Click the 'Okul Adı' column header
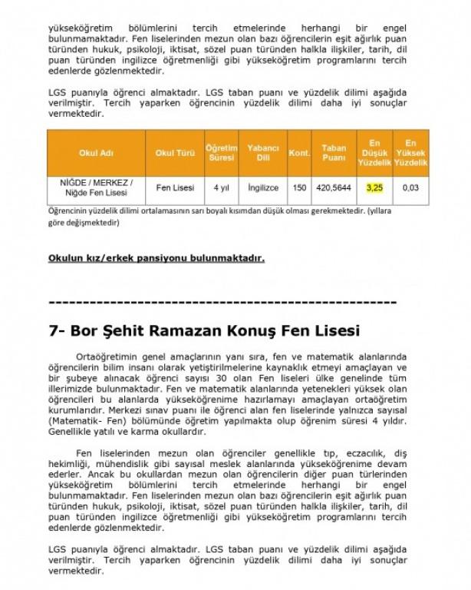pos(97,153)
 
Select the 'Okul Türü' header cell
pos(175,153)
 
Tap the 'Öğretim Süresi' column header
pos(221,153)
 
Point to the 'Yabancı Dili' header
pos(262,153)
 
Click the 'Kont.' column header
pos(298,153)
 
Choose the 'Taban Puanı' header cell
pos(333,153)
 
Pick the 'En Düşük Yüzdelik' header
pos(374,153)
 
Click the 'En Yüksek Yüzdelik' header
pos(410,153)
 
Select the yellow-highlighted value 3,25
pos(374,187)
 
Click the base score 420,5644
pos(333,187)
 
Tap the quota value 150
pos(298,187)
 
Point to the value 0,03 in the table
pos(410,187)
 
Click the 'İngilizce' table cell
pos(262,187)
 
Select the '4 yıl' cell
pos(221,187)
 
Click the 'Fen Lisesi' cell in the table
pos(175,187)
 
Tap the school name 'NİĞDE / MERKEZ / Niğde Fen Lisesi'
pos(97,187)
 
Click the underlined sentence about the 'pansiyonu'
pos(156,258)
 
